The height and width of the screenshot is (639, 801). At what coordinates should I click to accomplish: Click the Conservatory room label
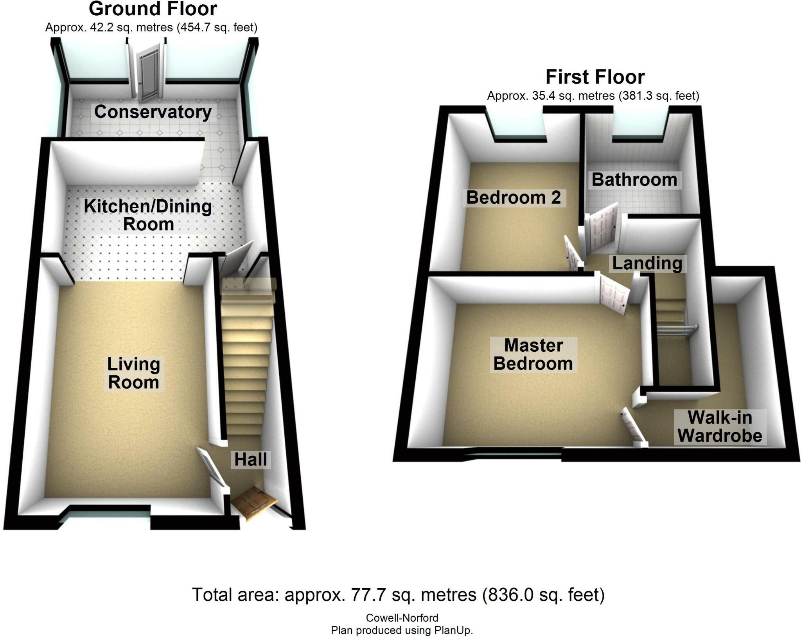tap(153, 112)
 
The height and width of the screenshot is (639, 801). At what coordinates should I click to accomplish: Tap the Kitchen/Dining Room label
tap(148, 215)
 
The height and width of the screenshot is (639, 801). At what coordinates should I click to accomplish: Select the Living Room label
tap(134, 373)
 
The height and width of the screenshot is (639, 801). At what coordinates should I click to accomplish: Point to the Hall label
tap(250, 459)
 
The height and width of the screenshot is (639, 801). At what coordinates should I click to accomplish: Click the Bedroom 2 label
tap(514, 197)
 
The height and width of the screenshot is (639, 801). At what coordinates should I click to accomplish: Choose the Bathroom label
tap(634, 180)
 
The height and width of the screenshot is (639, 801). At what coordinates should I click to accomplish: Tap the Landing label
tap(647, 263)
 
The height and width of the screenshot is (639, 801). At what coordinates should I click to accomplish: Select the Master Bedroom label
tap(533, 354)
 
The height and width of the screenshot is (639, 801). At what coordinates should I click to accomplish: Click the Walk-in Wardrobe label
tap(720, 426)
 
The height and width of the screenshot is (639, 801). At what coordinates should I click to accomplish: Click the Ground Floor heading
tap(153, 9)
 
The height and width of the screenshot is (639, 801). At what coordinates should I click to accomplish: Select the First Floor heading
tap(595, 77)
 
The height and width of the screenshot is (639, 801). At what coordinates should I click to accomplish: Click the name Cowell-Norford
tap(402, 618)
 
